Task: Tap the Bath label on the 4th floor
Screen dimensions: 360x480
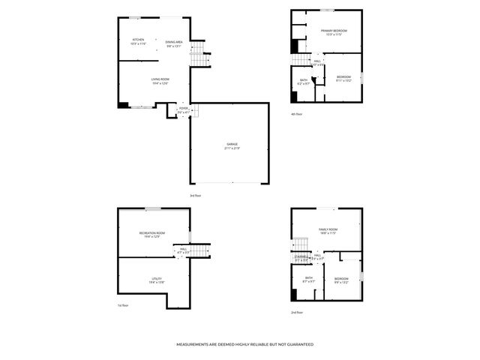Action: (304, 81)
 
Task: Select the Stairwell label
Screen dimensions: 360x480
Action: (301, 257)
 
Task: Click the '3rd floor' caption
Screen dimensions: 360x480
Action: (195, 195)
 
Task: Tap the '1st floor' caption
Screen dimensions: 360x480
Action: (123, 306)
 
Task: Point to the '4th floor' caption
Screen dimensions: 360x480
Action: (297, 114)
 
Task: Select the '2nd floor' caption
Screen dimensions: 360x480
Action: (297, 313)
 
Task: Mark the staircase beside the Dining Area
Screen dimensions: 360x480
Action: (198, 55)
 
